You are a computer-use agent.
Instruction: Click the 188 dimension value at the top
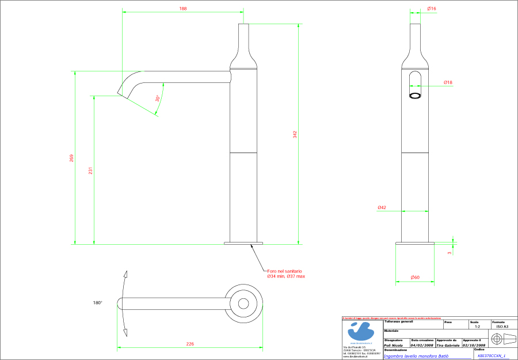(x=183, y=9)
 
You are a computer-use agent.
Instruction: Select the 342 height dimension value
(x=295, y=134)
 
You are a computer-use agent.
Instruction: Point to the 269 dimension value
(x=71, y=158)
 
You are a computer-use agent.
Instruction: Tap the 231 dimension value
(x=90, y=171)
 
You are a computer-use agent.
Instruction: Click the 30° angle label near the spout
(x=158, y=98)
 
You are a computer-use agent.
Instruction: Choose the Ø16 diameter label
(x=432, y=9)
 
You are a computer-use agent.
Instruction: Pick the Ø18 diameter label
(x=448, y=82)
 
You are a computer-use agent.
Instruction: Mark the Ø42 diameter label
(x=382, y=207)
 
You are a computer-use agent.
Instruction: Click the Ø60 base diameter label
(x=415, y=278)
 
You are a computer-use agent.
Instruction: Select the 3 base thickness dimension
(x=450, y=252)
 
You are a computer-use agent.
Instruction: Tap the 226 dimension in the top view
(x=190, y=344)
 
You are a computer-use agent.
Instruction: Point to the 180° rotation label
(x=97, y=302)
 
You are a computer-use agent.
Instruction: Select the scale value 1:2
(x=478, y=327)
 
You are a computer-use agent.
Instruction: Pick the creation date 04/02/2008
(x=422, y=346)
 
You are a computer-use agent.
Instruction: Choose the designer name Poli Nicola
(x=393, y=346)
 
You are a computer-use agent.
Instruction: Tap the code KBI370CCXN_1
(x=491, y=356)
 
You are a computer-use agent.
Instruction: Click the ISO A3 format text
(x=502, y=327)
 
